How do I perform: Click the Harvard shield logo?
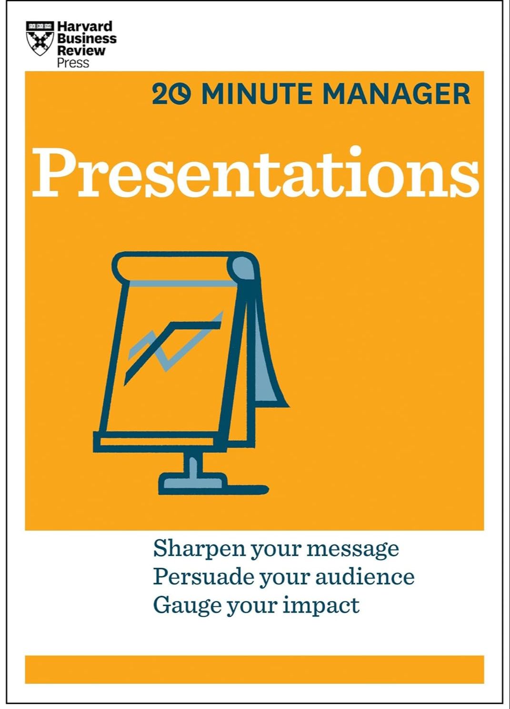[x=40, y=38]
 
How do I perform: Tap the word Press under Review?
[x=73, y=63]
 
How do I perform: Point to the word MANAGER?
[x=397, y=94]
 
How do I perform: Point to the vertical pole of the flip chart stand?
[x=193, y=462]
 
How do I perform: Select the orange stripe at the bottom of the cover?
[x=254, y=669]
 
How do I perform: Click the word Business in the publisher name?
[x=87, y=38]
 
